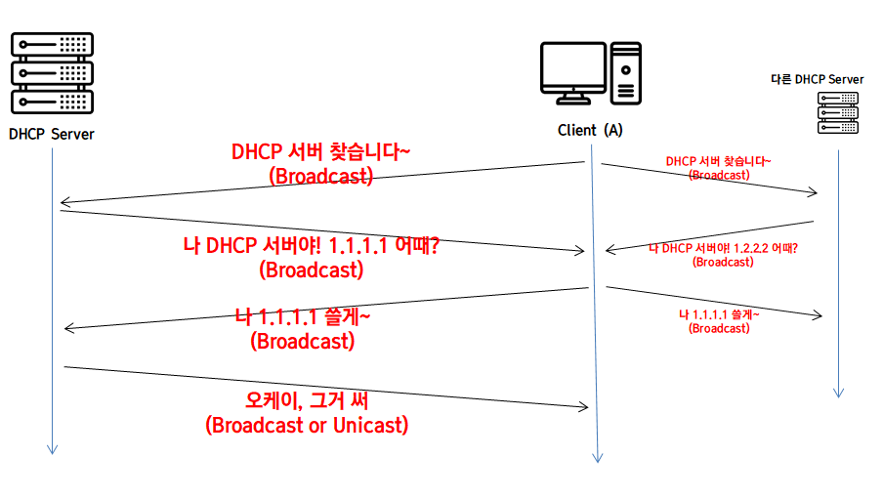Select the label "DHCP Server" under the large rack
[52, 134]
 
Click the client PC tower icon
[626, 72]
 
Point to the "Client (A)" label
[590, 130]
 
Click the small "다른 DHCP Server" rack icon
[837, 112]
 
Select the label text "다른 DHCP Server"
[818, 79]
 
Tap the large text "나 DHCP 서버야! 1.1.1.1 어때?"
[311, 246]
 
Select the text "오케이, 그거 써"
[306, 400]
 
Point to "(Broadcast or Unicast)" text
[307, 426]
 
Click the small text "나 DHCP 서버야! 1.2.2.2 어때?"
[724, 248]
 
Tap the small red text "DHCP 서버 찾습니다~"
[719, 161]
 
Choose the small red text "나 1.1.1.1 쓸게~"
[719, 314]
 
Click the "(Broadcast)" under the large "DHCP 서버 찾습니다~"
[320, 177]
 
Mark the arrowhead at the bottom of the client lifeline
[598, 457]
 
